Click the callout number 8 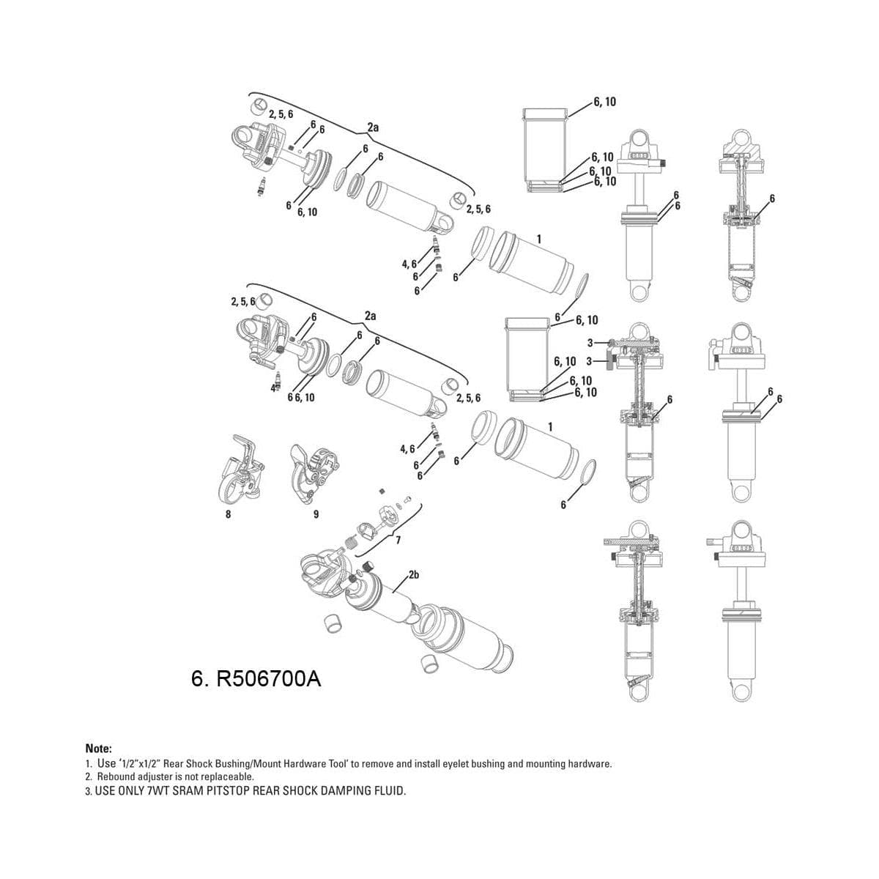point(228,514)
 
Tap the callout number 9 point(316,514)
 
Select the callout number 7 point(398,541)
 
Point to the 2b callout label point(413,575)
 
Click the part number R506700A point(256,679)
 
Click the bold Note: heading point(99,749)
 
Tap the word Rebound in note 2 point(114,776)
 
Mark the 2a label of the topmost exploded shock point(373,127)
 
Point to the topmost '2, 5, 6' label point(281,114)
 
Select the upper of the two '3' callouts point(590,343)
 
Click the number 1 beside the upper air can point(538,240)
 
